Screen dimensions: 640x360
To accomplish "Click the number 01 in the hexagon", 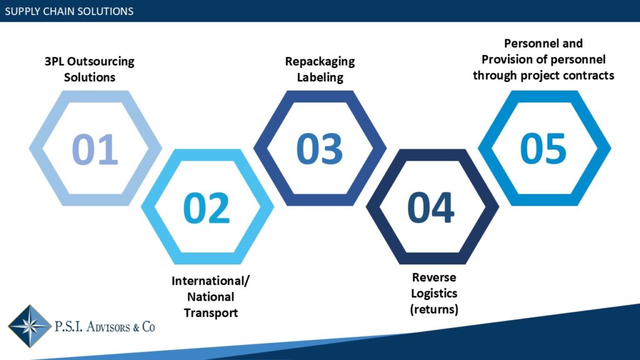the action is coord(95,149).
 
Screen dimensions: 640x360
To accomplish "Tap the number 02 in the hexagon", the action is coord(206,207).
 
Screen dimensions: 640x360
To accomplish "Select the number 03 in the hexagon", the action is coord(319,149).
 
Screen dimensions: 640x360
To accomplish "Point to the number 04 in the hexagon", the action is coord(431,207).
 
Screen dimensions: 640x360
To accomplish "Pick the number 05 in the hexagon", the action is coord(543,149).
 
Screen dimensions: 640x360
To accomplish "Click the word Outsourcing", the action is coord(101,62).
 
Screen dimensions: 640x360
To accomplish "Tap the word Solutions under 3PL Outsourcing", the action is coord(89,77).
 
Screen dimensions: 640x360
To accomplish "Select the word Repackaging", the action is coord(319,62).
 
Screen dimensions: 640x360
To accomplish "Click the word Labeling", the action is coord(320,77).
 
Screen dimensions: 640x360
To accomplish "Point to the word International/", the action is coord(211,281).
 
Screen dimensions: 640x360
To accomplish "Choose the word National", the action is coord(211,297).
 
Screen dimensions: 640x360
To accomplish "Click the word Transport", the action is coord(211,313).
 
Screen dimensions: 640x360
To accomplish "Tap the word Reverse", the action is coord(434,277).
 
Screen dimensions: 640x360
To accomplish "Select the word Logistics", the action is coord(434,294).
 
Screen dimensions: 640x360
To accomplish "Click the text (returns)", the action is coord(434,309).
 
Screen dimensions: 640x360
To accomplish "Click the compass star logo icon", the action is coord(29,326).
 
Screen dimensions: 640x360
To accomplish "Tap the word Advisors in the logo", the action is coord(107,327).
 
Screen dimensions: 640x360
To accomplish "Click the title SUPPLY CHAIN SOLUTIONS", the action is coord(69,11).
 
